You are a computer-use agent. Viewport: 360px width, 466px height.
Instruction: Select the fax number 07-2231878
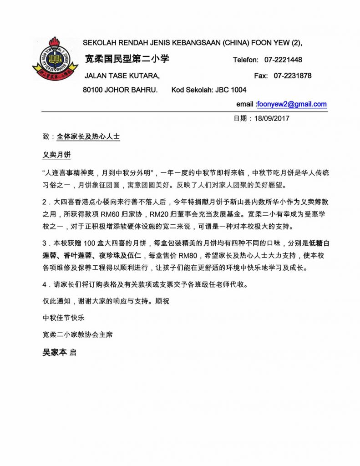coord(293,76)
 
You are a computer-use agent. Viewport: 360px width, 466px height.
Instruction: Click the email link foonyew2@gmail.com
coord(292,104)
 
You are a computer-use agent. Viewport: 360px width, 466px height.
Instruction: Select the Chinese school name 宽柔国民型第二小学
coord(127,59)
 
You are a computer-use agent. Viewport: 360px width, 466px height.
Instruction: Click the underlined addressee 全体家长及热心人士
coord(88,136)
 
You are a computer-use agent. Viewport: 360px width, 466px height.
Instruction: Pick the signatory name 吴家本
coord(55,353)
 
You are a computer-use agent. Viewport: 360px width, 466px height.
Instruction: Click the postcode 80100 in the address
coord(93,90)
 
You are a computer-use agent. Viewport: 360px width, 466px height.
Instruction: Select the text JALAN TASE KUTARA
coord(122,76)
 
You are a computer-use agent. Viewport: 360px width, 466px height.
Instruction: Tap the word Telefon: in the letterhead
coord(246,60)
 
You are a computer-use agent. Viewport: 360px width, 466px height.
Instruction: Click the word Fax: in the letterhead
coord(261,76)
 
